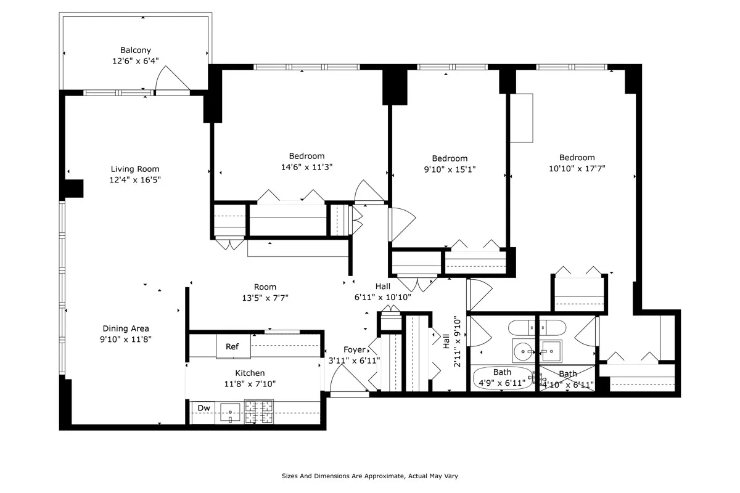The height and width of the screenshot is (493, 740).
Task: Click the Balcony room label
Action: click(136, 51)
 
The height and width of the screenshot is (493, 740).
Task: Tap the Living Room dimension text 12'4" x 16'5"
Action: click(135, 180)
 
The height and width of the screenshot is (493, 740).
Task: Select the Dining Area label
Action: click(126, 328)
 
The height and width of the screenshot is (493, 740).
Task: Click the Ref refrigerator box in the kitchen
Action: click(232, 347)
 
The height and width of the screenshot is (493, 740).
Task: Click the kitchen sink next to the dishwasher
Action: click(230, 412)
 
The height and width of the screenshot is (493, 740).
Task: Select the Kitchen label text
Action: click(250, 373)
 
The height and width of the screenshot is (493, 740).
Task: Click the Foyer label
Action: click(354, 350)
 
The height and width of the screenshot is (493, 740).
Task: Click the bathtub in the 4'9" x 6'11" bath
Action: click(502, 377)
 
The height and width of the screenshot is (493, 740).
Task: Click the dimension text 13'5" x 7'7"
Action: click(265, 297)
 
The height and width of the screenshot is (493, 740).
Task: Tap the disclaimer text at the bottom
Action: click(370, 476)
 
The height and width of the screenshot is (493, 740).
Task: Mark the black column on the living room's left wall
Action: click(73, 189)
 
